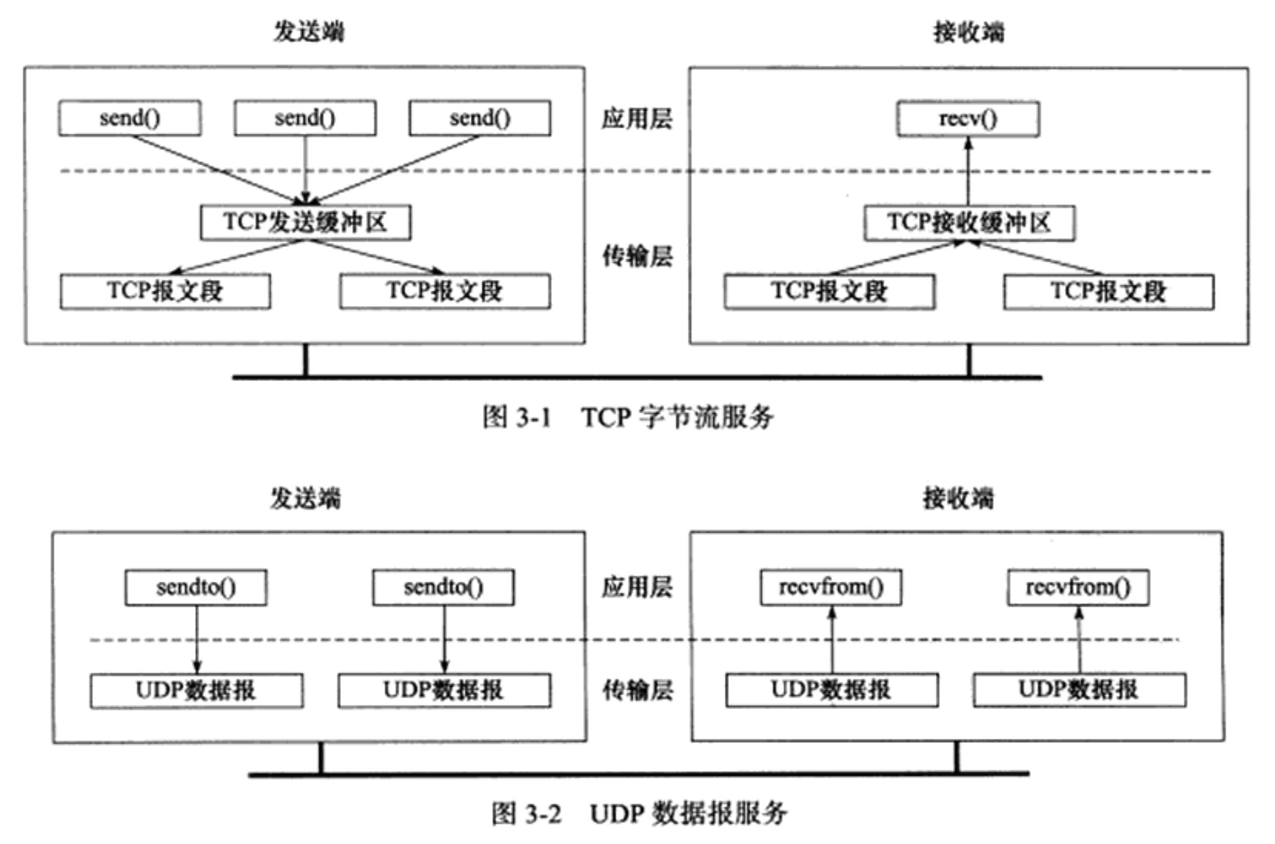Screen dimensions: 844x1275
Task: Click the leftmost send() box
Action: click(130, 118)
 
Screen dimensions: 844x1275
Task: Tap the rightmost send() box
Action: click(479, 118)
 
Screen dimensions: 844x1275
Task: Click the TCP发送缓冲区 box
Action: click(305, 222)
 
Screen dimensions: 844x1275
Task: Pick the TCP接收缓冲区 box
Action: click(969, 223)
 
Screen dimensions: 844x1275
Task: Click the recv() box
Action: click(968, 119)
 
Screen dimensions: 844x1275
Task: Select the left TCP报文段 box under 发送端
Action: click(165, 292)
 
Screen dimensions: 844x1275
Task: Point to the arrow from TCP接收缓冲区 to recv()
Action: click(968, 171)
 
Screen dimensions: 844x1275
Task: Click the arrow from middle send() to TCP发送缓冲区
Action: click(305, 170)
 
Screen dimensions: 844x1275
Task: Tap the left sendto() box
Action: click(196, 588)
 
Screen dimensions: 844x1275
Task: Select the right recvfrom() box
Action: click(1078, 588)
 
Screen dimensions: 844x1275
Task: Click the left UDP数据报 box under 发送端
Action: click(196, 690)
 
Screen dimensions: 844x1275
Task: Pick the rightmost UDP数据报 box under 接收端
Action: click(1079, 690)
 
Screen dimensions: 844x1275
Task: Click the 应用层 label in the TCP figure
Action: click(636, 119)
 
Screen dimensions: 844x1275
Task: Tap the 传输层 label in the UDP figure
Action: click(637, 690)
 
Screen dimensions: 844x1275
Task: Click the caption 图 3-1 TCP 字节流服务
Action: click(628, 417)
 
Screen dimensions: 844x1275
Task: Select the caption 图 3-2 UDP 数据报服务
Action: click(639, 813)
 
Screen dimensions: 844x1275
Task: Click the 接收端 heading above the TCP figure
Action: click(968, 32)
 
